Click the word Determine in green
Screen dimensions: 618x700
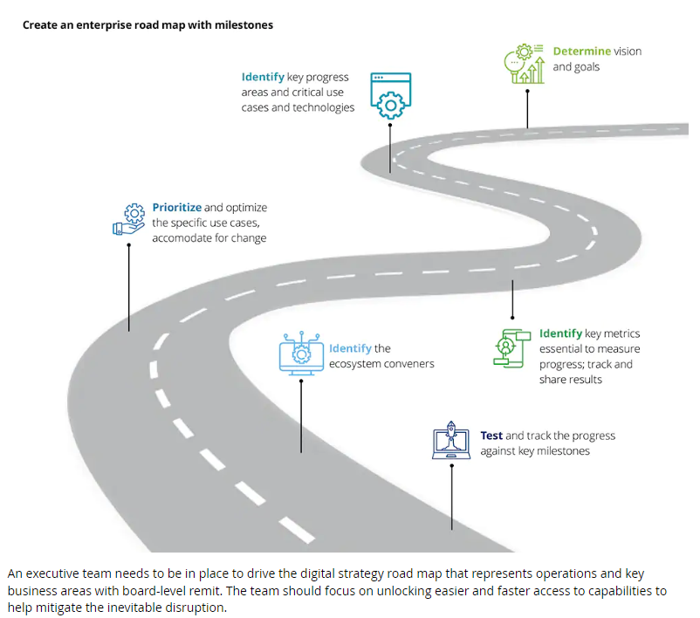(x=581, y=51)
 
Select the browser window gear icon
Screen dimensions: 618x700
(x=389, y=95)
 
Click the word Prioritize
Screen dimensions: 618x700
(x=176, y=208)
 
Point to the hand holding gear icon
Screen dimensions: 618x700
(x=130, y=219)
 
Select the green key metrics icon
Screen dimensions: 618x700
(x=511, y=348)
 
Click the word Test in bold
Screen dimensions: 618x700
(x=491, y=436)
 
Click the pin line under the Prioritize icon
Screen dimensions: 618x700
(x=129, y=288)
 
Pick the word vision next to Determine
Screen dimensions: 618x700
(x=628, y=51)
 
